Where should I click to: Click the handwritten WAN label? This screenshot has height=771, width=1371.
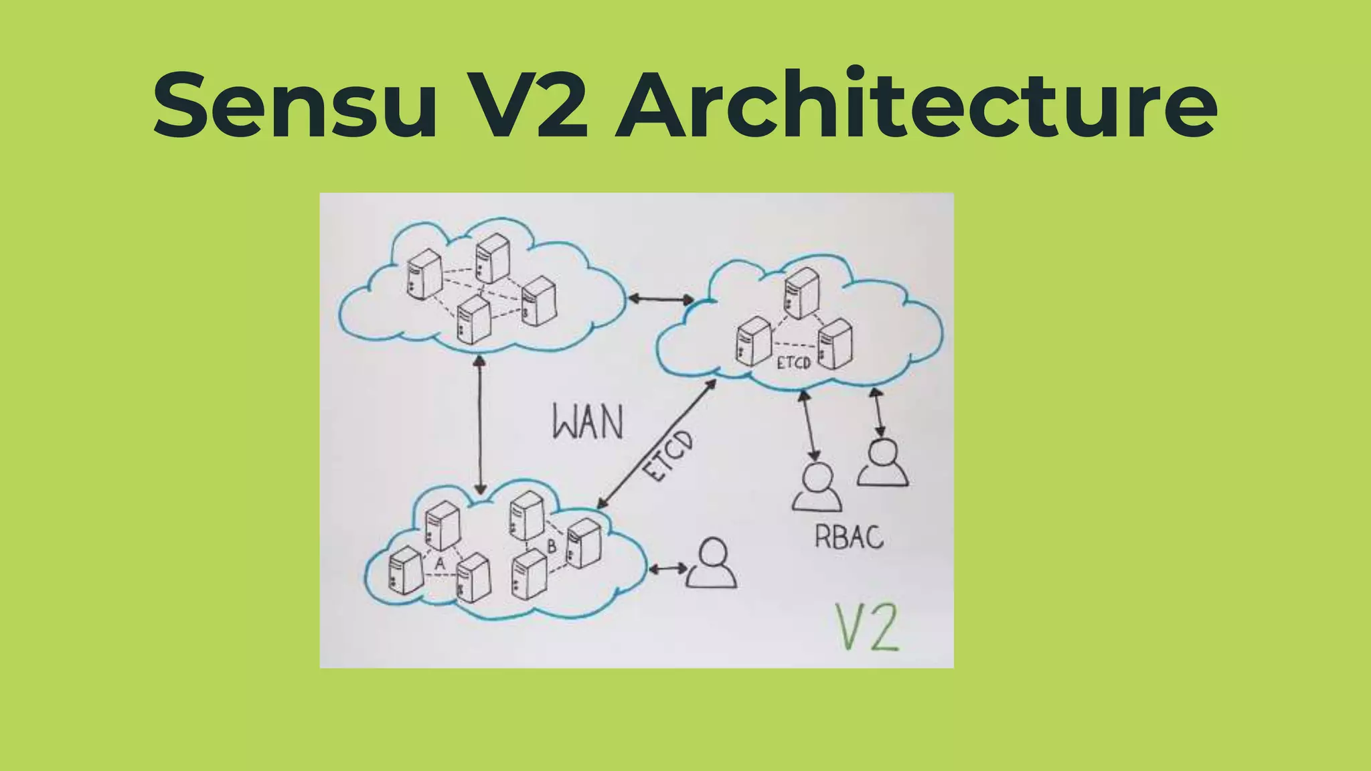coord(587,423)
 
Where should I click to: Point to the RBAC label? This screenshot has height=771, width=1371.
coord(848,537)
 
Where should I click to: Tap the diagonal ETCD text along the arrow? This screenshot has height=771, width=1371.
coord(668,456)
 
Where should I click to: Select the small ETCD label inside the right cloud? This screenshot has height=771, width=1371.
coord(794,363)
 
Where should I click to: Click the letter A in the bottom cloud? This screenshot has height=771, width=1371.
coord(440,564)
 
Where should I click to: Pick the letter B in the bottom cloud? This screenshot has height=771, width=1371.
coord(552,546)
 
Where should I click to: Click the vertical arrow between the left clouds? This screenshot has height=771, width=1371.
coord(479,426)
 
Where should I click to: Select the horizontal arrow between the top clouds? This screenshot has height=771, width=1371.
coord(660,299)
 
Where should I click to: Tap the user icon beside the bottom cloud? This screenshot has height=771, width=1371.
coord(712,564)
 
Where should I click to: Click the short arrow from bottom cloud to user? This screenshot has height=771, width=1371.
coord(667,569)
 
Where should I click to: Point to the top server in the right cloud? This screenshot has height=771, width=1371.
coord(801,292)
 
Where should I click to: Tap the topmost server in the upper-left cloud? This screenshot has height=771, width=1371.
coord(492,258)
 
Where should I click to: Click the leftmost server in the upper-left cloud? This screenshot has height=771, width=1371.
coord(424,274)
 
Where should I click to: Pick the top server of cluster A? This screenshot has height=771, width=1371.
coord(442,525)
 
